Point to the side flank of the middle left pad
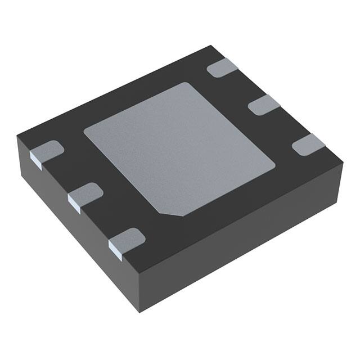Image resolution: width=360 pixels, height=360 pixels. [x=74, y=201]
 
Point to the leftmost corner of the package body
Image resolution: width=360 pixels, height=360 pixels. [x=17, y=135]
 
